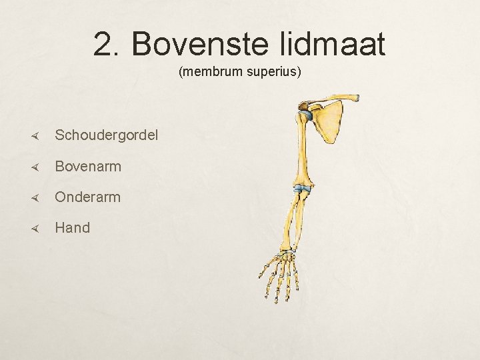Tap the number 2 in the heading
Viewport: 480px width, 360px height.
(x=105, y=45)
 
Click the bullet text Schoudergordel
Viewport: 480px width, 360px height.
(x=107, y=135)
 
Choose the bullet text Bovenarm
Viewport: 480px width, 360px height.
(x=88, y=166)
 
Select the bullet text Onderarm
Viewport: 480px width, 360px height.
(x=88, y=197)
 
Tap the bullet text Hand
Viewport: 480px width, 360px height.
(x=72, y=227)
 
